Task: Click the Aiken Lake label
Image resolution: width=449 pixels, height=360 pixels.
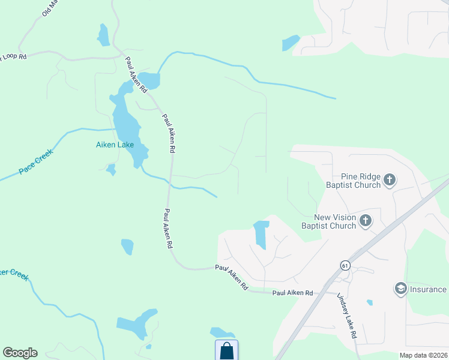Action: tap(115, 145)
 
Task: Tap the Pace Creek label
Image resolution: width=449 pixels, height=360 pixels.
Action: tap(35, 161)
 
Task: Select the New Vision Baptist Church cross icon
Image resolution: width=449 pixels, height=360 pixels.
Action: tap(366, 221)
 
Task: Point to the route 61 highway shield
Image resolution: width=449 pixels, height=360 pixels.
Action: tap(344, 265)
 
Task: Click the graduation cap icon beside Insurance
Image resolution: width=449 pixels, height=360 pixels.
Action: tap(400, 289)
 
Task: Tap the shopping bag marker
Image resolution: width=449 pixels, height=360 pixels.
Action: tap(226, 350)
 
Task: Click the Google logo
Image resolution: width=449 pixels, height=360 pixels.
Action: tap(20, 353)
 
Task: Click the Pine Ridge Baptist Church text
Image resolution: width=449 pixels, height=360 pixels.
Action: tap(353, 181)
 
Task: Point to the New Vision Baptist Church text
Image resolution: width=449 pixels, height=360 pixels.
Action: tap(335, 221)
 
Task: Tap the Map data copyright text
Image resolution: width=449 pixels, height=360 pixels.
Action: tap(423, 355)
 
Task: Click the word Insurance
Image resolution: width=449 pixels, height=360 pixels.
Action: tap(429, 289)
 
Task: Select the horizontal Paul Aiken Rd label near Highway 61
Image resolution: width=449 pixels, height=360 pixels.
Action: tap(292, 293)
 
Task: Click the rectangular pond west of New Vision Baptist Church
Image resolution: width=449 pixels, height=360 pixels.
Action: tap(261, 234)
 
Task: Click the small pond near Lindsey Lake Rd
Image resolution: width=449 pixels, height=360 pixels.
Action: tap(369, 302)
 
